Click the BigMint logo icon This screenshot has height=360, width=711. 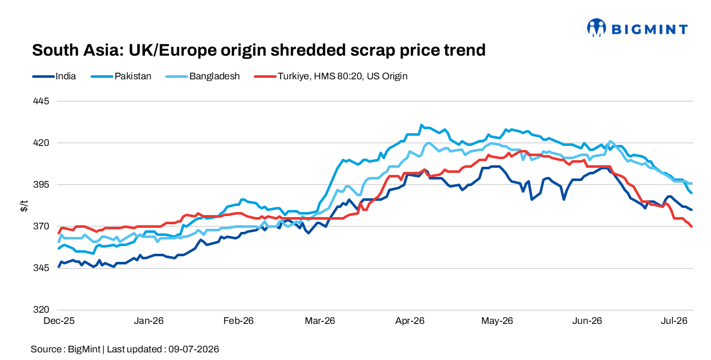pos(597,28)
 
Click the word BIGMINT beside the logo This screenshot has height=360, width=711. pos(649,29)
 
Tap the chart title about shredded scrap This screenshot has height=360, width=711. pos(259,50)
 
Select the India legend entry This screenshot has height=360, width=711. pos(54,76)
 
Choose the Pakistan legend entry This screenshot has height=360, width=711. pos(121,76)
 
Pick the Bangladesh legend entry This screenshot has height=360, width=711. pos(202,76)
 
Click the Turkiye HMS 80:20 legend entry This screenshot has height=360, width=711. pos(331,76)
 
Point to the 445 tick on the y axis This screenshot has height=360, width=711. pos(41,101)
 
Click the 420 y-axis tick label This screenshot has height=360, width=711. pos(41,143)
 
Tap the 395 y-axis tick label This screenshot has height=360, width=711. pos(41,185)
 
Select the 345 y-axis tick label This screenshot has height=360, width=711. pos(41,268)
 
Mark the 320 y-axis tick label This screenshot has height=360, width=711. pos(41,310)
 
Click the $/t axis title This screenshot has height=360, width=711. pos(24,206)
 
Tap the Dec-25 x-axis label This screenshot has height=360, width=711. pos(59,321)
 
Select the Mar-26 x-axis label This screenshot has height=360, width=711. pos(320,321)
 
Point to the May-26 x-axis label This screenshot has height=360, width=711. pos(497,321)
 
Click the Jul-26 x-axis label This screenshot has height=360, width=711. pos(674,321)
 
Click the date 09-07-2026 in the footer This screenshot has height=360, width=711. pos(194,349)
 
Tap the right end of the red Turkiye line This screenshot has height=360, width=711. pos(691,226)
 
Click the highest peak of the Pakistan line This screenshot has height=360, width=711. pos(422,125)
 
